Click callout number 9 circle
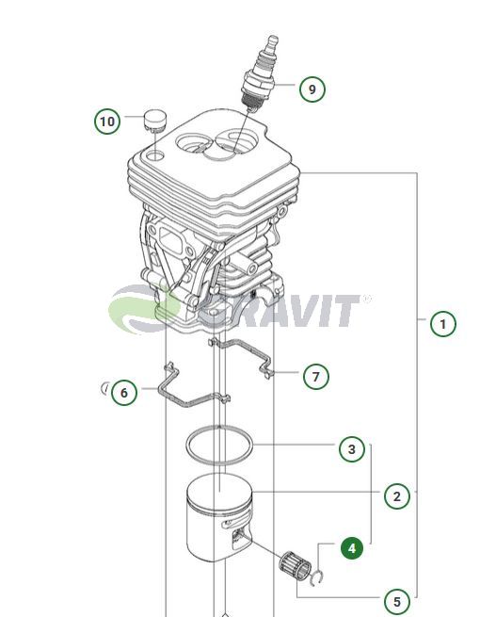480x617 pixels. coord(312,89)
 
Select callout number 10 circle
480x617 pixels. coord(107,121)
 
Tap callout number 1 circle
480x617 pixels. coord(443,324)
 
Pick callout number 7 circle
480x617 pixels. coord(316,377)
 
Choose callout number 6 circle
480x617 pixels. coord(124,392)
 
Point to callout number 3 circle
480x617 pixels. coord(352,449)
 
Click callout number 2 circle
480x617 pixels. coord(397,495)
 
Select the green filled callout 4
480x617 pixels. coord(352,547)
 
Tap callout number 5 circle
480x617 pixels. coord(397,601)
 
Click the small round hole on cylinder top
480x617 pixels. coord(155,155)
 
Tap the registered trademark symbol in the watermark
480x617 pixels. coord(366,299)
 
